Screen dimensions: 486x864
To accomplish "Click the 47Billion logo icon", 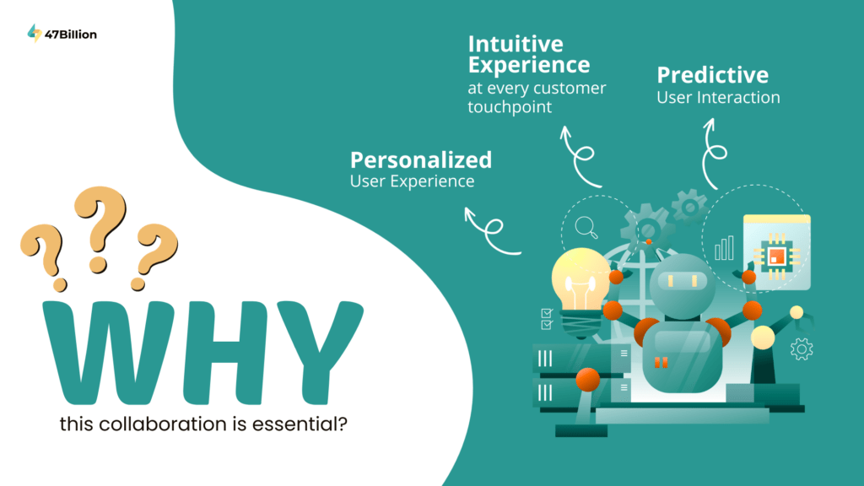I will (x=35, y=33).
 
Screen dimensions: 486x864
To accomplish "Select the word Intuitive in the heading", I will (x=515, y=43).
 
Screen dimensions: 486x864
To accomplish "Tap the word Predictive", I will (x=712, y=74).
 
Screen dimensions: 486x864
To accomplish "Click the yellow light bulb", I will (x=580, y=283).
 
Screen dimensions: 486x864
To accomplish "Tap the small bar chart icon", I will (x=724, y=247).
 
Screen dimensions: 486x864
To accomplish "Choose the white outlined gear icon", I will (x=801, y=348).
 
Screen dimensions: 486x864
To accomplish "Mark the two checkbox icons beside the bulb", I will (x=546, y=318).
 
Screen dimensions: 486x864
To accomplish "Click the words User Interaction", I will (x=718, y=97).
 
